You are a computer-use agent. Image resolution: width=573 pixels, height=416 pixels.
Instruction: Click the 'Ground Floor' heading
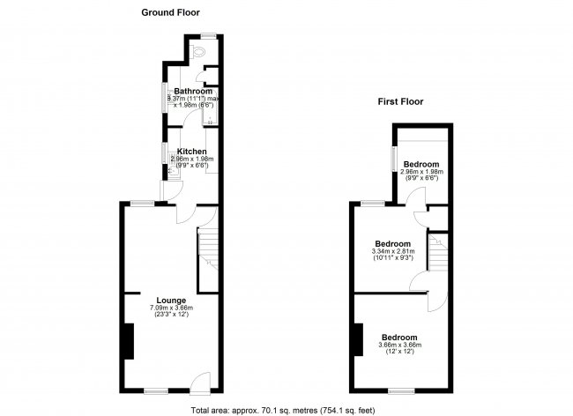pos(171,13)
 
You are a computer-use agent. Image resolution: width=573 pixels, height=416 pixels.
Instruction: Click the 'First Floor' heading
pos(400,101)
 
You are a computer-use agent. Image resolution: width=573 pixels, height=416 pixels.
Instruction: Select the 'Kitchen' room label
pos(191,152)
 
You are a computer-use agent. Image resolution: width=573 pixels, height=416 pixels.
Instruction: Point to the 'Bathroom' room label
pos(192,91)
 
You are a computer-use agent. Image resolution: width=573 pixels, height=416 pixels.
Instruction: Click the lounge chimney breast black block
pos(128,341)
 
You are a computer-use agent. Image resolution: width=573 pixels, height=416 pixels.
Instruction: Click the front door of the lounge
pos(201,383)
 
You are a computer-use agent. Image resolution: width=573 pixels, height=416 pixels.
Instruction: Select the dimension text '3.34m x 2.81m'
pos(392,251)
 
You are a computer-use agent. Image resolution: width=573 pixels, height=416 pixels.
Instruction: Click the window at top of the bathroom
pos(208,35)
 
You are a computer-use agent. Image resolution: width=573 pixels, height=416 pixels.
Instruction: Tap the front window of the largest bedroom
pos(402,390)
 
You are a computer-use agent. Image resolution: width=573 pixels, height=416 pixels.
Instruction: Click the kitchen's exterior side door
pos(163,190)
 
